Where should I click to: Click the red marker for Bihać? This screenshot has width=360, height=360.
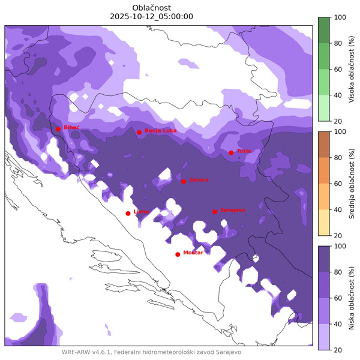(58, 129)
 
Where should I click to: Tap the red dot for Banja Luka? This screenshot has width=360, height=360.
(139, 133)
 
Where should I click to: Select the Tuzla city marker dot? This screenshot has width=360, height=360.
(231, 152)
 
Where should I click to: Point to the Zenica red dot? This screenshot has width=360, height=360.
(184, 181)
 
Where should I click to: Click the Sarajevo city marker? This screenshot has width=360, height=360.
(215, 211)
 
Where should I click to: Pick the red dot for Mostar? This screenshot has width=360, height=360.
(178, 254)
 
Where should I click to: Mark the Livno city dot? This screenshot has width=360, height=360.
(128, 213)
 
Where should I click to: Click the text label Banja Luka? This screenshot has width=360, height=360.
(161, 130)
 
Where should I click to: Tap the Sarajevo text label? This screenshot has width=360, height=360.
(233, 210)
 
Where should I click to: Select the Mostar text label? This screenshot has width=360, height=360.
(193, 253)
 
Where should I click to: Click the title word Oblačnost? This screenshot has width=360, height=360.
(152, 7)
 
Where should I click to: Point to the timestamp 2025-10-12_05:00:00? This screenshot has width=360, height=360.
(152, 17)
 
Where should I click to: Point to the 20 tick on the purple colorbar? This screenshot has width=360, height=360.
(339, 350)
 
